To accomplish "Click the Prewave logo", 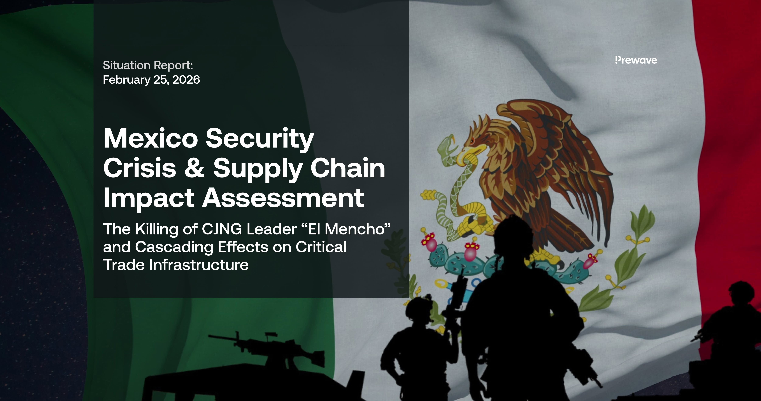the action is [636, 60].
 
